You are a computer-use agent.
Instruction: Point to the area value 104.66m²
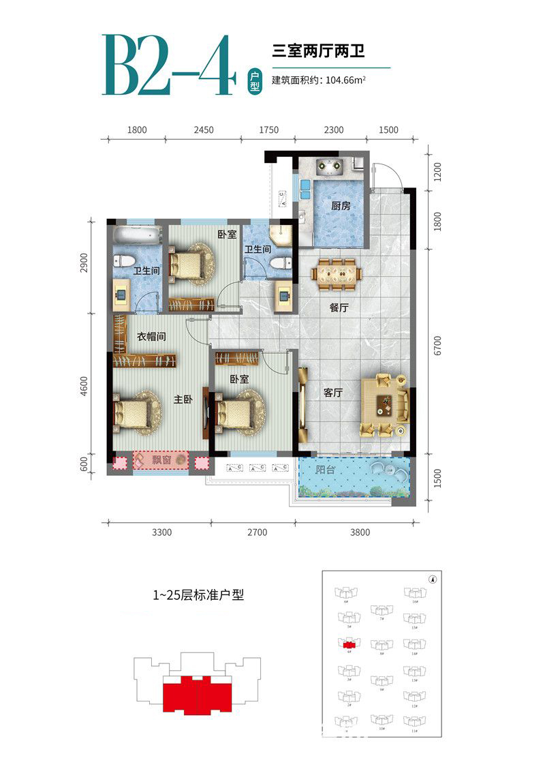pyautogui.click(x=343, y=80)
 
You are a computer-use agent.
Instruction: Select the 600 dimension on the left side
pyautogui.click(x=84, y=463)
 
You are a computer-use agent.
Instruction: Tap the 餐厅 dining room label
pyautogui.click(x=339, y=308)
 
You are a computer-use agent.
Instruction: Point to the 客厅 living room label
pyautogui.click(x=332, y=393)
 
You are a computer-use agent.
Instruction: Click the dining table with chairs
pyautogui.click(x=337, y=272)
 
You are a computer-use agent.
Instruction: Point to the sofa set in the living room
pyautogui.click(x=386, y=404)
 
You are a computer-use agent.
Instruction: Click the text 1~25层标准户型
pyautogui.click(x=198, y=594)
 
